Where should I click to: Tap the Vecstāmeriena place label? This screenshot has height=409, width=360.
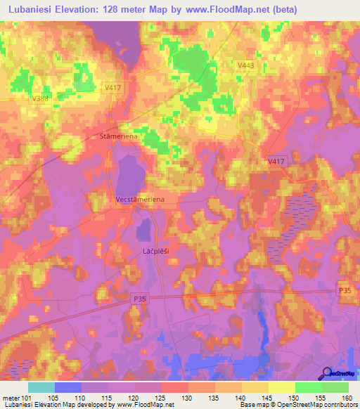pos(140,200)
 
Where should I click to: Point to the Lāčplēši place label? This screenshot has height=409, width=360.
pos(148,249)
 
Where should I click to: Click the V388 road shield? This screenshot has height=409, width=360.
pos(41,99)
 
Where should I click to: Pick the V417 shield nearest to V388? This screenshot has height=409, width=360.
pos(113,88)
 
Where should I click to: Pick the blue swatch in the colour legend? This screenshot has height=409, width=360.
pos(69,387)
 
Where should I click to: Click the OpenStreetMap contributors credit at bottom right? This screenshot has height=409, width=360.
pos(317,405)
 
